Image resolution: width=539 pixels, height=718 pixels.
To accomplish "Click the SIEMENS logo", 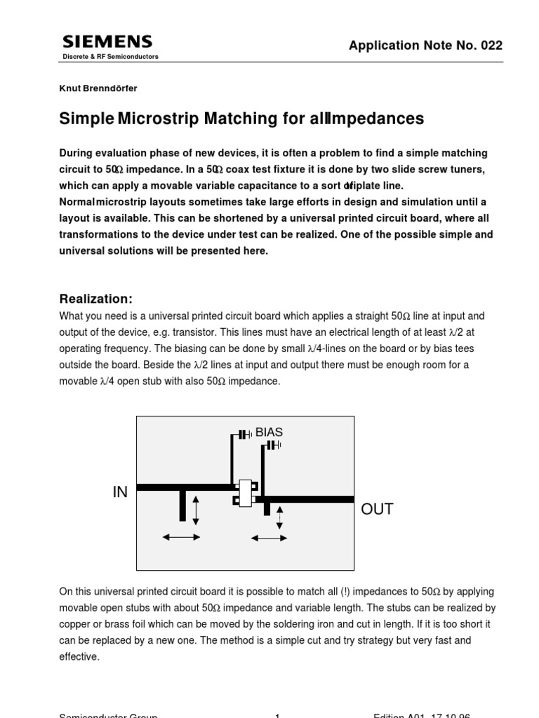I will click(107, 41).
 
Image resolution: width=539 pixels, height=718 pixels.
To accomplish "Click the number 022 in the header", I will click(491, 46).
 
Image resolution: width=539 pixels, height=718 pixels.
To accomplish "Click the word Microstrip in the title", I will click(158, 118).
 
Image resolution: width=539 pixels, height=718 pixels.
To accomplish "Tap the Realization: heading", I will click(95, 299).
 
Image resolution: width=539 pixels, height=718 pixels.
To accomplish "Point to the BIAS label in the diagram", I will click(269, 433).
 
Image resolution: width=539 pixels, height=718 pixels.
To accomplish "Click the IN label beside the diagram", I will click(120, 493).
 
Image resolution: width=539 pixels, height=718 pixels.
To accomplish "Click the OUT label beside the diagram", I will click(377, 510).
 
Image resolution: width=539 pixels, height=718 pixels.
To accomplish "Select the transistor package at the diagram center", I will click(245, 492).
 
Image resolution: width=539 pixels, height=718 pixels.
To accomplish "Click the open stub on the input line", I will click(182, 505).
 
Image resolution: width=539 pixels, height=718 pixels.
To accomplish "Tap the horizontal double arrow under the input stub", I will click(181, 537).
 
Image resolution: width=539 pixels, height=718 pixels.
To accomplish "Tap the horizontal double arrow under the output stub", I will click(269, 538).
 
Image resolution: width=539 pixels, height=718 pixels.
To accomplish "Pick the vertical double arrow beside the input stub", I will click(196, 509).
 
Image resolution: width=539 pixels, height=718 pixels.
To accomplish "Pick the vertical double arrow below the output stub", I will click(280, 517).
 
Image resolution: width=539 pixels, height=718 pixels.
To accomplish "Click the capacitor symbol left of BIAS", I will click(244, 435).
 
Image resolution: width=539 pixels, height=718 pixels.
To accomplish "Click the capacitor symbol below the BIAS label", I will click(274, 445).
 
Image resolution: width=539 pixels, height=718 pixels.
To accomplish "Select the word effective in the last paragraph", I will click(79, 657).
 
